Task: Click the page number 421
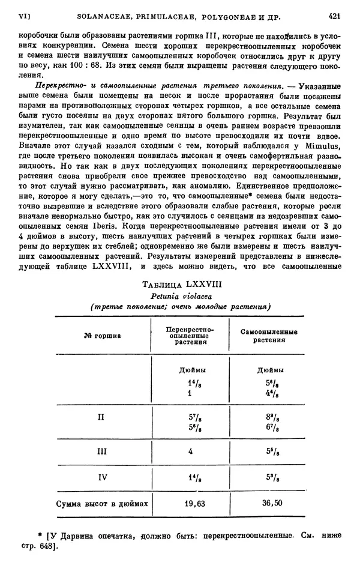335,17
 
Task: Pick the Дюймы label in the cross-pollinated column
190,370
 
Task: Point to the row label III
101,452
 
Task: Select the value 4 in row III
190,452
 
